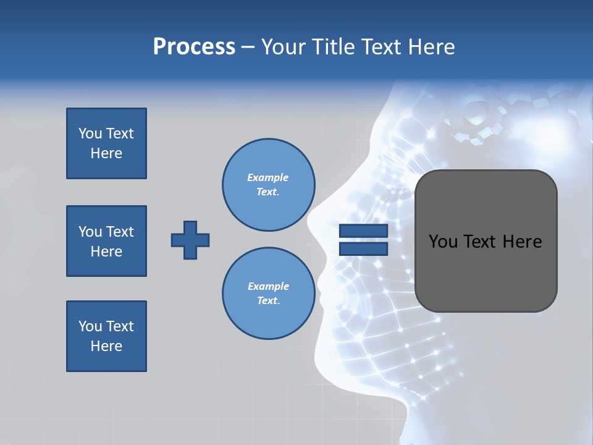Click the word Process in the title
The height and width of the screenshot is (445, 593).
click(x=194, y=47)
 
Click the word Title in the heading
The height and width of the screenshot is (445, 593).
click(x=333, y=47)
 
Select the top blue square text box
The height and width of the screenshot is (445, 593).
click(x=106, y=143)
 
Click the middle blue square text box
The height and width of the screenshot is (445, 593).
click(x=106, y=241)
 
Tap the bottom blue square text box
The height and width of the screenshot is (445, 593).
click(x=106, y=336)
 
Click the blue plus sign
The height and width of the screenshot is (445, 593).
click(x=190, y=240)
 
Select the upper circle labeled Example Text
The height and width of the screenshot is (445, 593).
click(x=268, y=185)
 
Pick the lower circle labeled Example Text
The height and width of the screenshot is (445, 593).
click(x=268, y=293)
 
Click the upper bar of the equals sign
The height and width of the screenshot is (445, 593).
click(x=363, y=231)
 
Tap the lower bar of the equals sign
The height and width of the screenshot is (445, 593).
click(x=363, y=248)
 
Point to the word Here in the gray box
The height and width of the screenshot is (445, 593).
click(x=522, y=242)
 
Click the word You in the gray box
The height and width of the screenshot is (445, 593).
click(x=443, y=242)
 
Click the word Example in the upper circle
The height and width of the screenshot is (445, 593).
click(x=268, y=177)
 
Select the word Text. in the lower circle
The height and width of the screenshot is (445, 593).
click(x=268, y=300)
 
